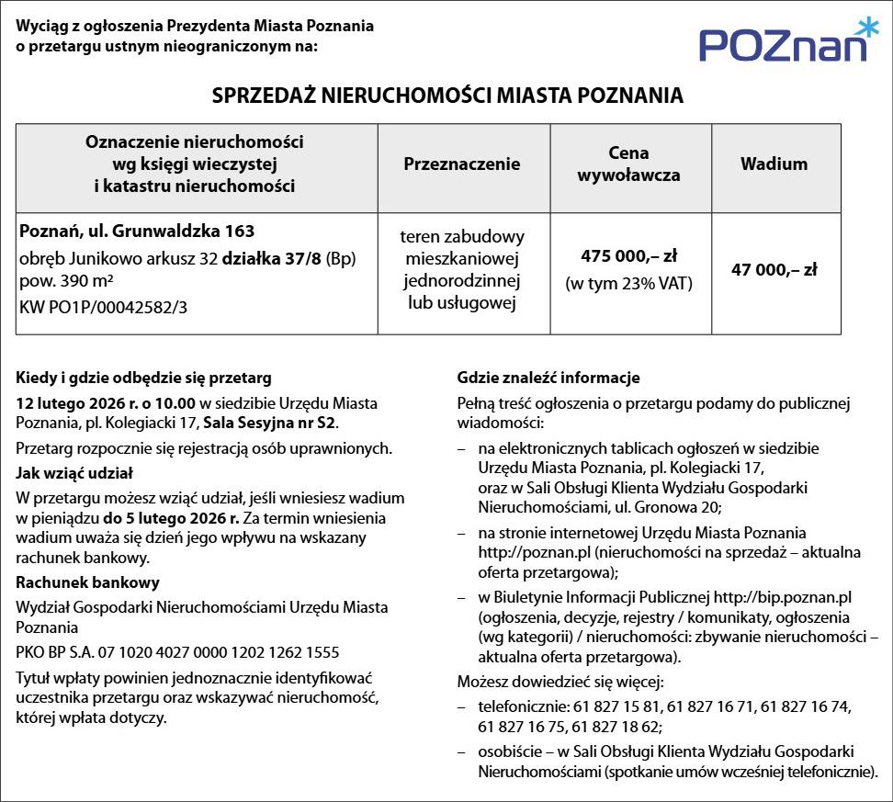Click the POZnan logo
(x=782, y=43)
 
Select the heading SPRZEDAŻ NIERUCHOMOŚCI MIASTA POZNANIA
(x=447, y=96)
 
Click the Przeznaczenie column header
(x=462, y=164)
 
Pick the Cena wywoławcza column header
(x=628, y=164)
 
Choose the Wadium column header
(x=774, y=164)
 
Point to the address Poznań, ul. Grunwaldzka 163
(x=137, y=230)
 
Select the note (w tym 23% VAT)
(x=628, y=283)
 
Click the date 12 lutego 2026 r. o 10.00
(x=107, y=402)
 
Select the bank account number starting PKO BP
(x=177, y=652)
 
